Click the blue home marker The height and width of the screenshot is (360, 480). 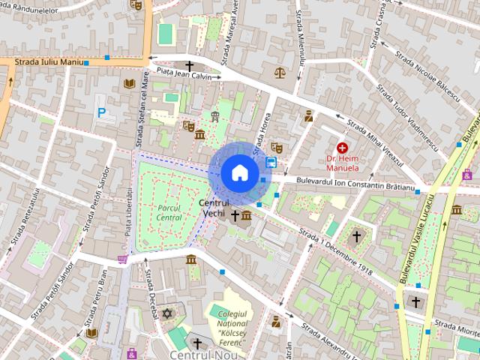238,172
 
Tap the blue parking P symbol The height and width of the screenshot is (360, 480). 101,113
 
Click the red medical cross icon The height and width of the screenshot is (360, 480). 342,148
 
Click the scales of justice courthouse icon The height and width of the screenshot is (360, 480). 280,73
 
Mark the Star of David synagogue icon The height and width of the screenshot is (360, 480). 167,312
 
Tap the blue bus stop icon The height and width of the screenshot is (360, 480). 271,162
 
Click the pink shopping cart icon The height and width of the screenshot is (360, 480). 122,259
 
